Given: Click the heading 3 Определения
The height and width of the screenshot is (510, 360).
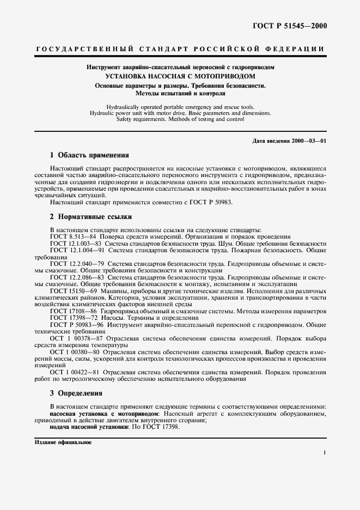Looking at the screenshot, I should (76, 393).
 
